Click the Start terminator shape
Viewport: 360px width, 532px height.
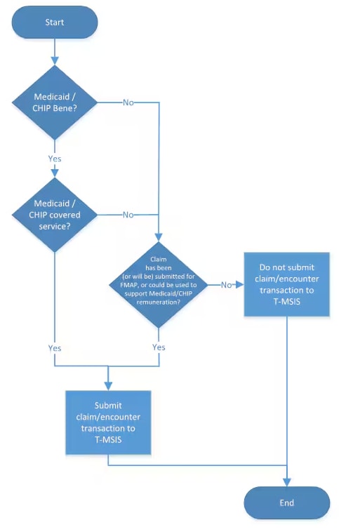[x=55, y=22]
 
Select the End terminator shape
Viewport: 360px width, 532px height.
[x=286, y=503]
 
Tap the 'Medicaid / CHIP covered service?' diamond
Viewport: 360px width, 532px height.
[x=55, y=214]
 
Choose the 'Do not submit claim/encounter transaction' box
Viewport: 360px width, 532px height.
[x=286, y=284]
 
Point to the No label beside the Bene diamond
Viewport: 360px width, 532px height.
[x=128, y=102]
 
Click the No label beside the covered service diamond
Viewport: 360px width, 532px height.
[x=128, y=215]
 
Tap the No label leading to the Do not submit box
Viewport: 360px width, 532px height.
[x=226, y=285]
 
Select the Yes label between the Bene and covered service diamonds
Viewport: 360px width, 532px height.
[x=55, y=159]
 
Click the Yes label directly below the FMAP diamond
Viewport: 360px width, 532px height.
[x=159, y=347]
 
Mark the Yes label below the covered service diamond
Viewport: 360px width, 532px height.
[x=55, y=348]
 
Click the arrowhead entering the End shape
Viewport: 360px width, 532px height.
[x=286, y=482]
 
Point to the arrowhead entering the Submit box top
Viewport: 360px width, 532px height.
[x=108, y=387]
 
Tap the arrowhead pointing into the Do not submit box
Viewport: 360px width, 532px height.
[x=240, y=285]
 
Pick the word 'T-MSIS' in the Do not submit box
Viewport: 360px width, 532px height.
[x=286, y=301]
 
